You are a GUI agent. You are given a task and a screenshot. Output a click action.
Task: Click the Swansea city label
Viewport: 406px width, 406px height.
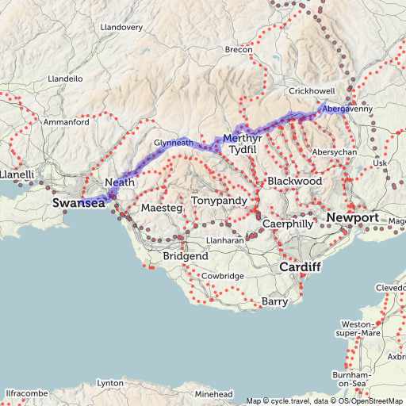pos(79,203)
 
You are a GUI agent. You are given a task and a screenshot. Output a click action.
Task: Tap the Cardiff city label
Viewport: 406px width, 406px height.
pos(300,267)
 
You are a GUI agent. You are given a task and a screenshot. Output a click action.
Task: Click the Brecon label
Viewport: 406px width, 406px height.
pos(239,50)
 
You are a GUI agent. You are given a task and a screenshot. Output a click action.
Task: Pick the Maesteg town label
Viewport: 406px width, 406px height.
pos(162,208)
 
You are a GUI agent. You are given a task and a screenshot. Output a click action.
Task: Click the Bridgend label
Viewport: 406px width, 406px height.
pos(185,257)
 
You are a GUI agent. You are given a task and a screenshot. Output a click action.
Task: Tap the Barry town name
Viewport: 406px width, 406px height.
pos(274,301)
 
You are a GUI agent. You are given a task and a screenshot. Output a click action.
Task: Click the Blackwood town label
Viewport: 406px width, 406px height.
pos(295,182)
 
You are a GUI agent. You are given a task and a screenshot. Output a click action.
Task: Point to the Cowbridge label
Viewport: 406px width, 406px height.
pos(223,275)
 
